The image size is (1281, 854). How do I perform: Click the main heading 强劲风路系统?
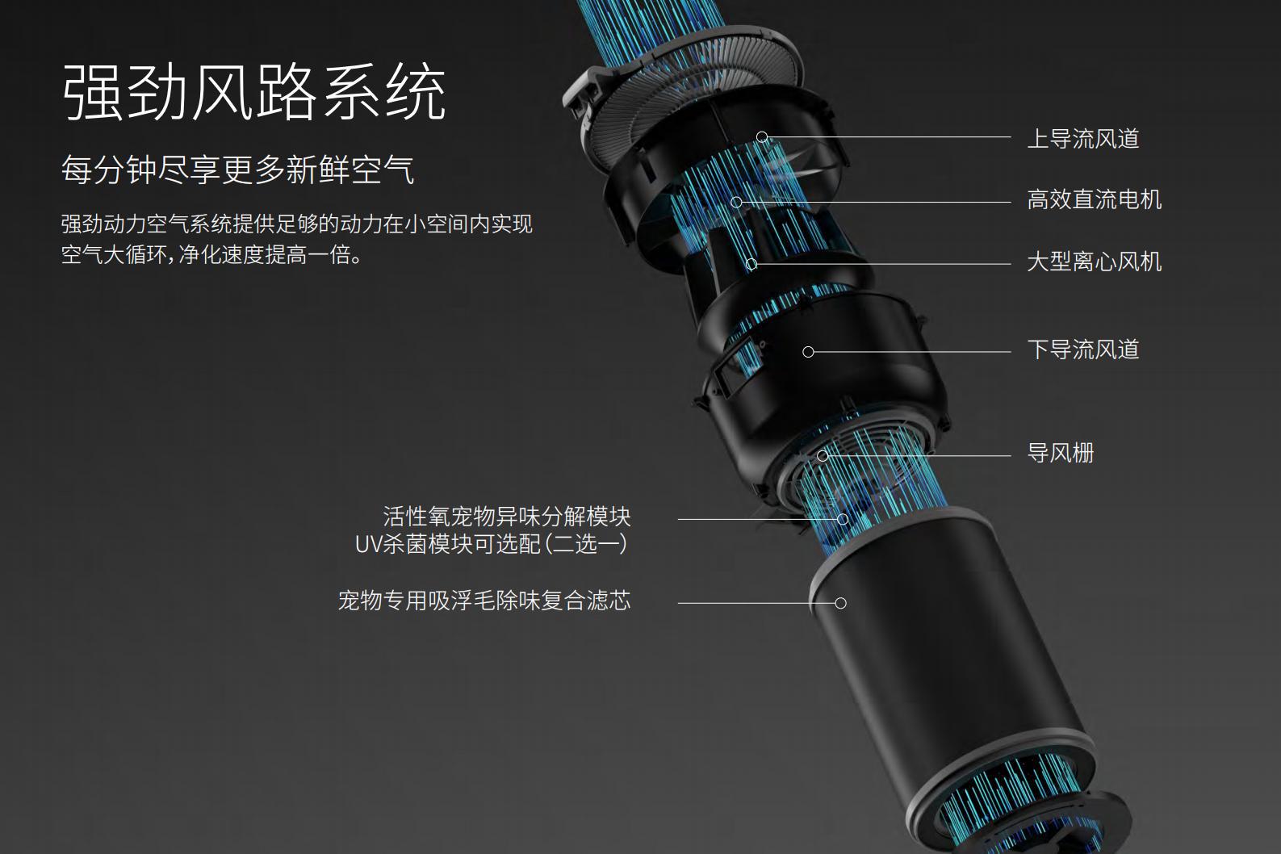click(x=253, y=93)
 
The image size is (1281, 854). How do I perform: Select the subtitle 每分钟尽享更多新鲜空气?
click(x=237, y=170)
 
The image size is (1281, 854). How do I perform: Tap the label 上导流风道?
click(x=1082, y=139)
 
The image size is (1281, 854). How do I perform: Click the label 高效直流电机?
click(x=1094, y=200)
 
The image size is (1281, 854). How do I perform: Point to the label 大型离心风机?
click(x=1094, y=262)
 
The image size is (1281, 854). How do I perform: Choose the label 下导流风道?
click(x=1082, y=350)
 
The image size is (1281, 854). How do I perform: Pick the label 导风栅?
click(x=1060, y=454)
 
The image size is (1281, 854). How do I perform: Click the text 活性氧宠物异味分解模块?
click(x=506, y=517)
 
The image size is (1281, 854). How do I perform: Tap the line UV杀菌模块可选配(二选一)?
click(x=491, y=545)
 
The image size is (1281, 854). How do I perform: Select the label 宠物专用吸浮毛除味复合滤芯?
click(x=484, y=601)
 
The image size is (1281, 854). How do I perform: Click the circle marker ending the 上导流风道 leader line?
click(x=762, y=137)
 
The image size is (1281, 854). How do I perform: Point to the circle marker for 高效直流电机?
click(x=736, y=202)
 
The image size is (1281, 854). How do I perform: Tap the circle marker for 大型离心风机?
click(x=751, y=264)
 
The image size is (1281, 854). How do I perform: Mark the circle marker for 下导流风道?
click(x=808, y=352)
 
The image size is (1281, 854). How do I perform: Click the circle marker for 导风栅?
click(x=823, y=455)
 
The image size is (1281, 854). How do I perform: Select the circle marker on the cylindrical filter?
click(x=840, y=603)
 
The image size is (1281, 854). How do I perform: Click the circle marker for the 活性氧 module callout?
click(x=843, y=519)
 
